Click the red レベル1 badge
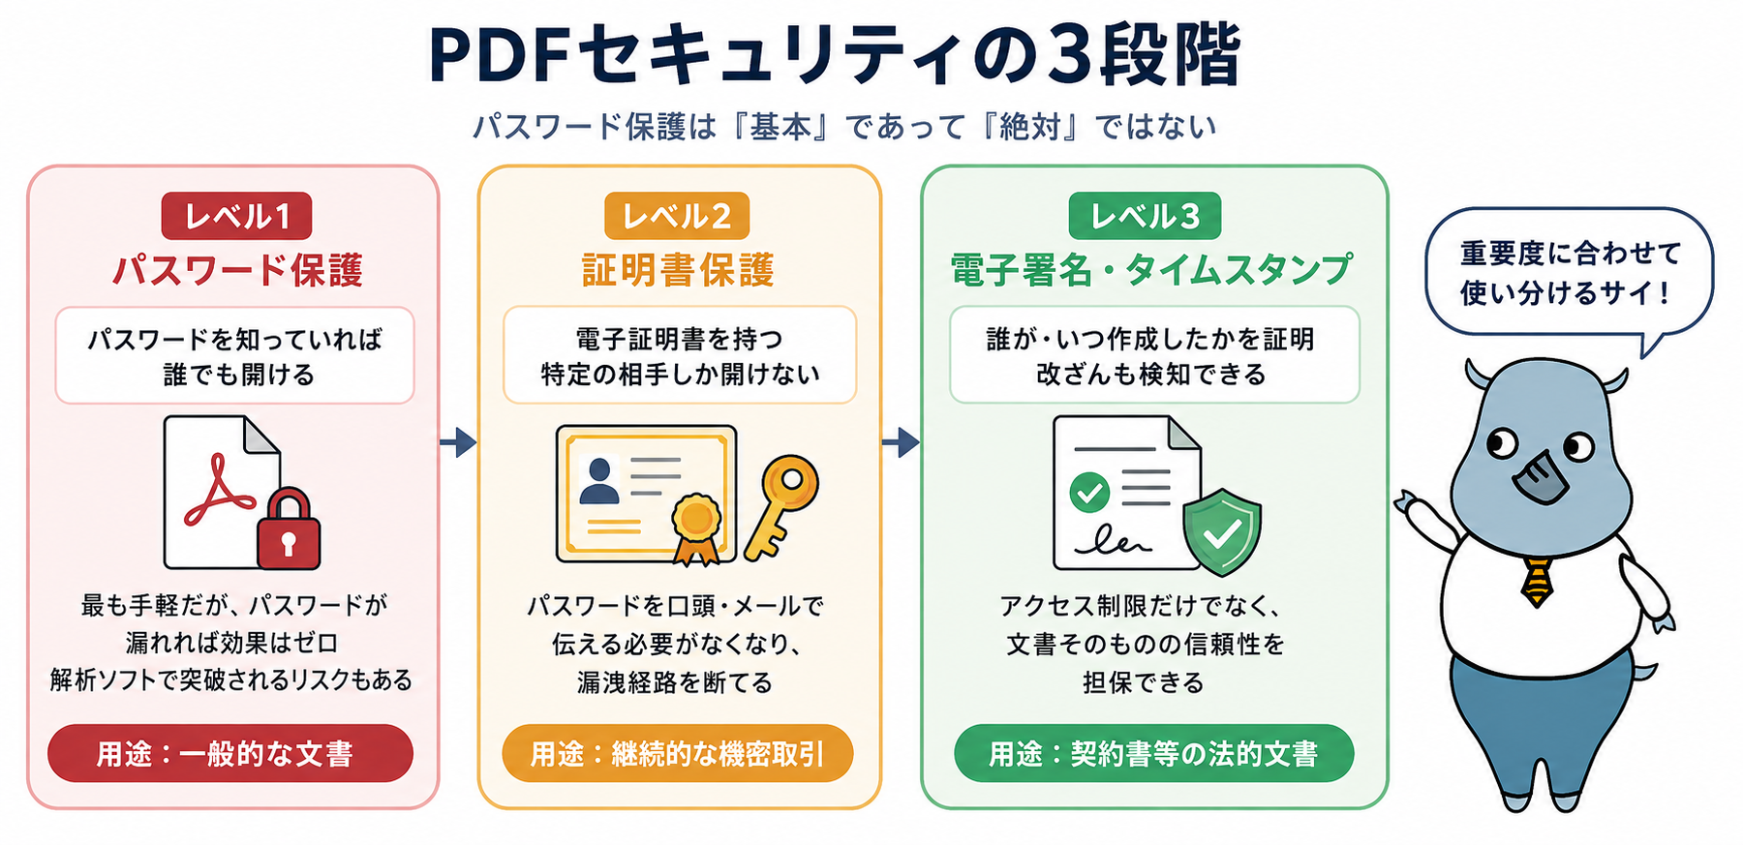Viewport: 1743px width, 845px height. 236,216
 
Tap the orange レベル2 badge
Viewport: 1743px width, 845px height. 677,216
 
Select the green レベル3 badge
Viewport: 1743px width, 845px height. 1145,216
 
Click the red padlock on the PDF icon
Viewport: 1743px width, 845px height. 289,528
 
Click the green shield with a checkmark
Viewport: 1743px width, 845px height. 1222,531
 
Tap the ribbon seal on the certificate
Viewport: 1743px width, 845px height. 696,528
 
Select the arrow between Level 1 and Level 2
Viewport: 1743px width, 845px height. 458,442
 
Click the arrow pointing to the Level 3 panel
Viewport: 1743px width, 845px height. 901,442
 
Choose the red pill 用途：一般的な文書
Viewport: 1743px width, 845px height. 230,753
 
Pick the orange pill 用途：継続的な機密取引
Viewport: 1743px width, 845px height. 678,753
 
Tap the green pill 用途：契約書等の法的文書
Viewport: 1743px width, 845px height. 1153,753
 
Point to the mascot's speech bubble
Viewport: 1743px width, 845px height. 1569,273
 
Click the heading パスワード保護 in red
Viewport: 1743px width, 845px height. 237,270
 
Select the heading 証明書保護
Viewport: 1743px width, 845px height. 678,270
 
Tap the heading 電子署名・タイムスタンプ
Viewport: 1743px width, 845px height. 1151,270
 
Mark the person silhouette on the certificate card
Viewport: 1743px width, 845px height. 598,481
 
